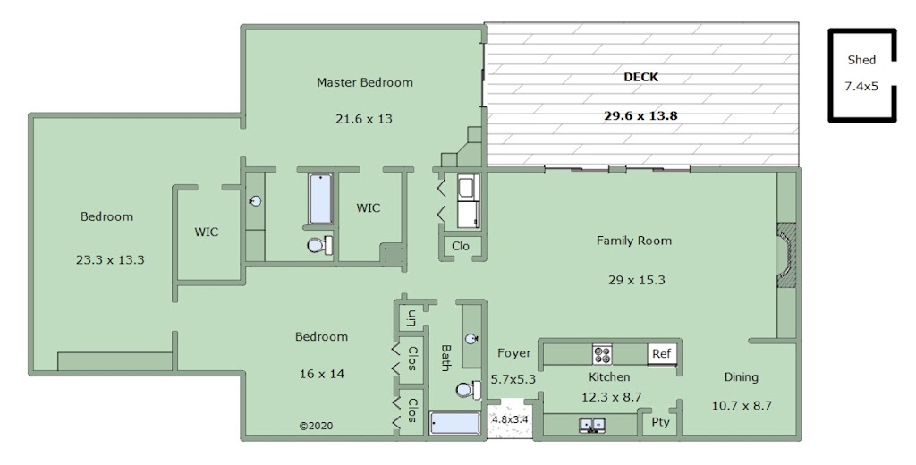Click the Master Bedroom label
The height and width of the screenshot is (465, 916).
tap(365, 82)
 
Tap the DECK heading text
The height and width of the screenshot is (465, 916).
tap(640, 77)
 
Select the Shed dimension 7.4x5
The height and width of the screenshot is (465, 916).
tap(861, 87)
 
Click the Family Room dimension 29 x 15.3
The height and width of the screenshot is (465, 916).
tap(636, 280)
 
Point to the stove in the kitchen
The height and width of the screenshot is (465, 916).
tap(602, 353)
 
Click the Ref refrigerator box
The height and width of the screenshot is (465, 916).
tap(661, 353)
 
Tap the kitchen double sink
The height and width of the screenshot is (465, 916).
tap(592, 426)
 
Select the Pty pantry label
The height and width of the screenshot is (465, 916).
tap(660, 422)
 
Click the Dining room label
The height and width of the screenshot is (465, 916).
tap(742, 377)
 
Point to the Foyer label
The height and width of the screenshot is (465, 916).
tap(514, 353)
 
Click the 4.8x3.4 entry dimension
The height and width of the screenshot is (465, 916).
tap(510, 418)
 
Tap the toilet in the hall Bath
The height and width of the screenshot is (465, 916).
tap(469, 390)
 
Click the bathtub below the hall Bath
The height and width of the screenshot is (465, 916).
tap(455, 423)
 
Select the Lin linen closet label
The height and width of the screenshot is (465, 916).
tap(411, 318)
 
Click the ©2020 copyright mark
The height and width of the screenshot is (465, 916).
tap(316, 426)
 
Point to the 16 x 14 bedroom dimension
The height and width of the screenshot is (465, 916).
tap(322, 374)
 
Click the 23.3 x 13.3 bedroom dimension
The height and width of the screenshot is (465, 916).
tap(110, 260)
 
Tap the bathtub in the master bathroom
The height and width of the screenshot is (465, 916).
tap(321, 199)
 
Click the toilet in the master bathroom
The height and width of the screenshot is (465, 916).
tap(320, 245)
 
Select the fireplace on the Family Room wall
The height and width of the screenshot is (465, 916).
tap(786, 254)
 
